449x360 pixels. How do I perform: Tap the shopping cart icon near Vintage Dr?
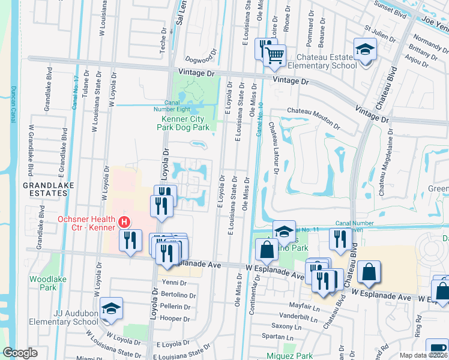(275, 56)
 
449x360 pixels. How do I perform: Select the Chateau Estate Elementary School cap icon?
(364, 49)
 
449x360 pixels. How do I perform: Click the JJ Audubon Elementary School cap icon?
(111, 308)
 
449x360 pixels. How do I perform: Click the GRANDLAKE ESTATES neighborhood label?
(49, 189)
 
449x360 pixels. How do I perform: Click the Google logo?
(20, 353)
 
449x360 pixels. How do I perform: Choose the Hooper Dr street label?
(175, 318)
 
